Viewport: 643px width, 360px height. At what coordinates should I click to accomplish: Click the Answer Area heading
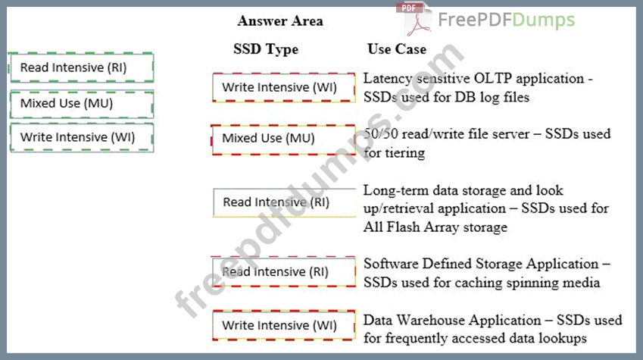pos(279,20)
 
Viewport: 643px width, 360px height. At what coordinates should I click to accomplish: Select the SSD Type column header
pos(265,49)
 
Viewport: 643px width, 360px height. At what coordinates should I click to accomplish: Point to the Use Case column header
pos(396,49)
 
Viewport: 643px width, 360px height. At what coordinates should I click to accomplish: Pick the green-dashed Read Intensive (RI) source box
pos(80,67)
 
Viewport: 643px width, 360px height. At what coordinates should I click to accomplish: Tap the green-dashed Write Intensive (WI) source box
pos(80,137)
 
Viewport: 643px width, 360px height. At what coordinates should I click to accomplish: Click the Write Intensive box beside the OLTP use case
pos(284,87)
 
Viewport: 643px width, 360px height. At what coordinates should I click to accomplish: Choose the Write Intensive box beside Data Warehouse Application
pos(284,325)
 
